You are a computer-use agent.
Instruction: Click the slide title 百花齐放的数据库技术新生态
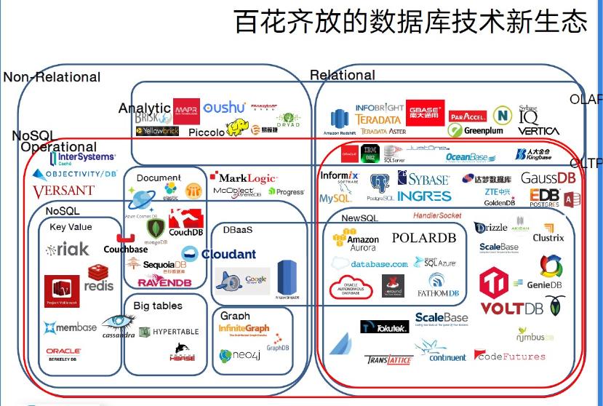click(410, 21)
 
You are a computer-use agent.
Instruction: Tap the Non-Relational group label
click(52, 77)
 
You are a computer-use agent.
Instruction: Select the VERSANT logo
click(63, 191)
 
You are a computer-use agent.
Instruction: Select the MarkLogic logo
click(243, 178)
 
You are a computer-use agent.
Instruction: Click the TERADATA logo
click(378, 119)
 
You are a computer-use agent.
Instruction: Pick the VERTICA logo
click(539, 131)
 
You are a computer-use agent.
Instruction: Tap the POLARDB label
click(424, 238)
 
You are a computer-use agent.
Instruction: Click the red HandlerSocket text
click(437, 215)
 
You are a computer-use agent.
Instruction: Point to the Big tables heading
click(158, 306)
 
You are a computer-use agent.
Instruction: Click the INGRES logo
click(424, 196)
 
